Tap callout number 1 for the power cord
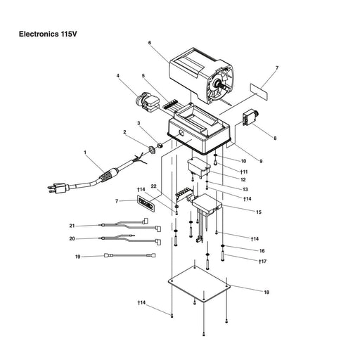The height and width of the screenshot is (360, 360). tap(84, 153)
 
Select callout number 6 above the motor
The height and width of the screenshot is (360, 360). tap(150, 44)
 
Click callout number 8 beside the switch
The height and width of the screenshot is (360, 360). tap(275, 138)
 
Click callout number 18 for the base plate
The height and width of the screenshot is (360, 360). tap(266, 292)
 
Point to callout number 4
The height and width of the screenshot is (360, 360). tap(118, 76)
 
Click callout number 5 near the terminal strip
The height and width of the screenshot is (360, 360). tap(143, 76)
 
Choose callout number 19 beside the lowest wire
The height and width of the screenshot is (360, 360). tap(79, 257)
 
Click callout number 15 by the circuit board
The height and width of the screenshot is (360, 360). tap(259, 212)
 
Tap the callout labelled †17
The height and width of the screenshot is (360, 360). tap(262, 262)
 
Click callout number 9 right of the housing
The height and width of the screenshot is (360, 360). tap(260, 162)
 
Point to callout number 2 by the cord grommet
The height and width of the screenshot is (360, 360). tap(125, 132)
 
